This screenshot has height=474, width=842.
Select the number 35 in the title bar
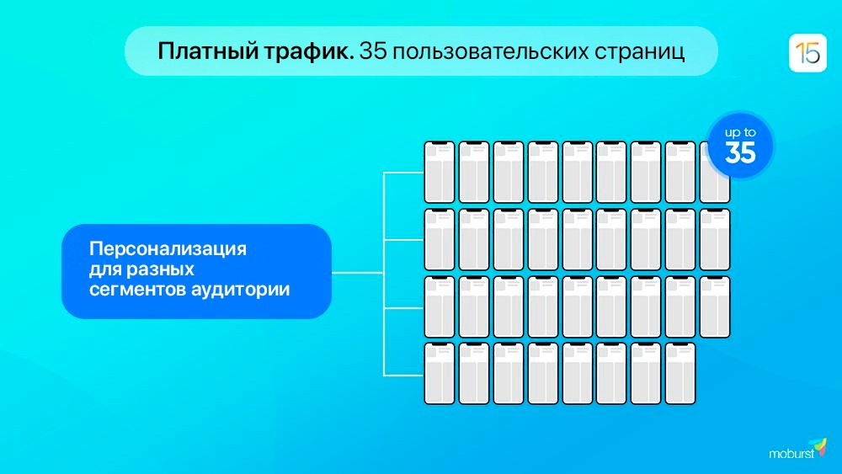tap(373, 51)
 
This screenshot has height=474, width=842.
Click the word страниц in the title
tap(638, 52)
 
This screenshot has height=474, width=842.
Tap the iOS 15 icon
tap(807, 52)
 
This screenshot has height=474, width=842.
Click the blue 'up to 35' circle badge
tap(740, 146)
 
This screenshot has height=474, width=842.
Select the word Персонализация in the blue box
tap(168, 249)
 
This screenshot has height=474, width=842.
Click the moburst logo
tap(797, 450)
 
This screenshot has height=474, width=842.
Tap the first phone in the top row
tap(440, 172)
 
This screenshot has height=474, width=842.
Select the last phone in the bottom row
tap(680, 373)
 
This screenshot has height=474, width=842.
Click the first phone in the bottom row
tap(440, 373)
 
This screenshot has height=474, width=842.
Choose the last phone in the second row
tap(715, 239)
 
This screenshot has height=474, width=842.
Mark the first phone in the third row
tap(440, 306)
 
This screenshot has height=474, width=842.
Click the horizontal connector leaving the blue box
tap(358, 273)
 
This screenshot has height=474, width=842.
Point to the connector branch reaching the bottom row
tap(404, 375)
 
